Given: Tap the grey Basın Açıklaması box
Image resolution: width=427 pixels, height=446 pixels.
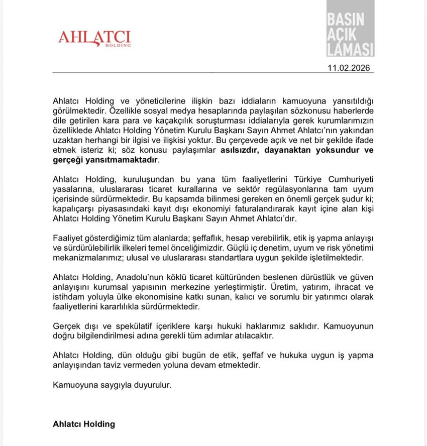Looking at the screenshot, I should (x=350, y=29).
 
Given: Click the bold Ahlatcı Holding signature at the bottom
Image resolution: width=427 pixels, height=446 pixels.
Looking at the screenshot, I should (x=84, y=423).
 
